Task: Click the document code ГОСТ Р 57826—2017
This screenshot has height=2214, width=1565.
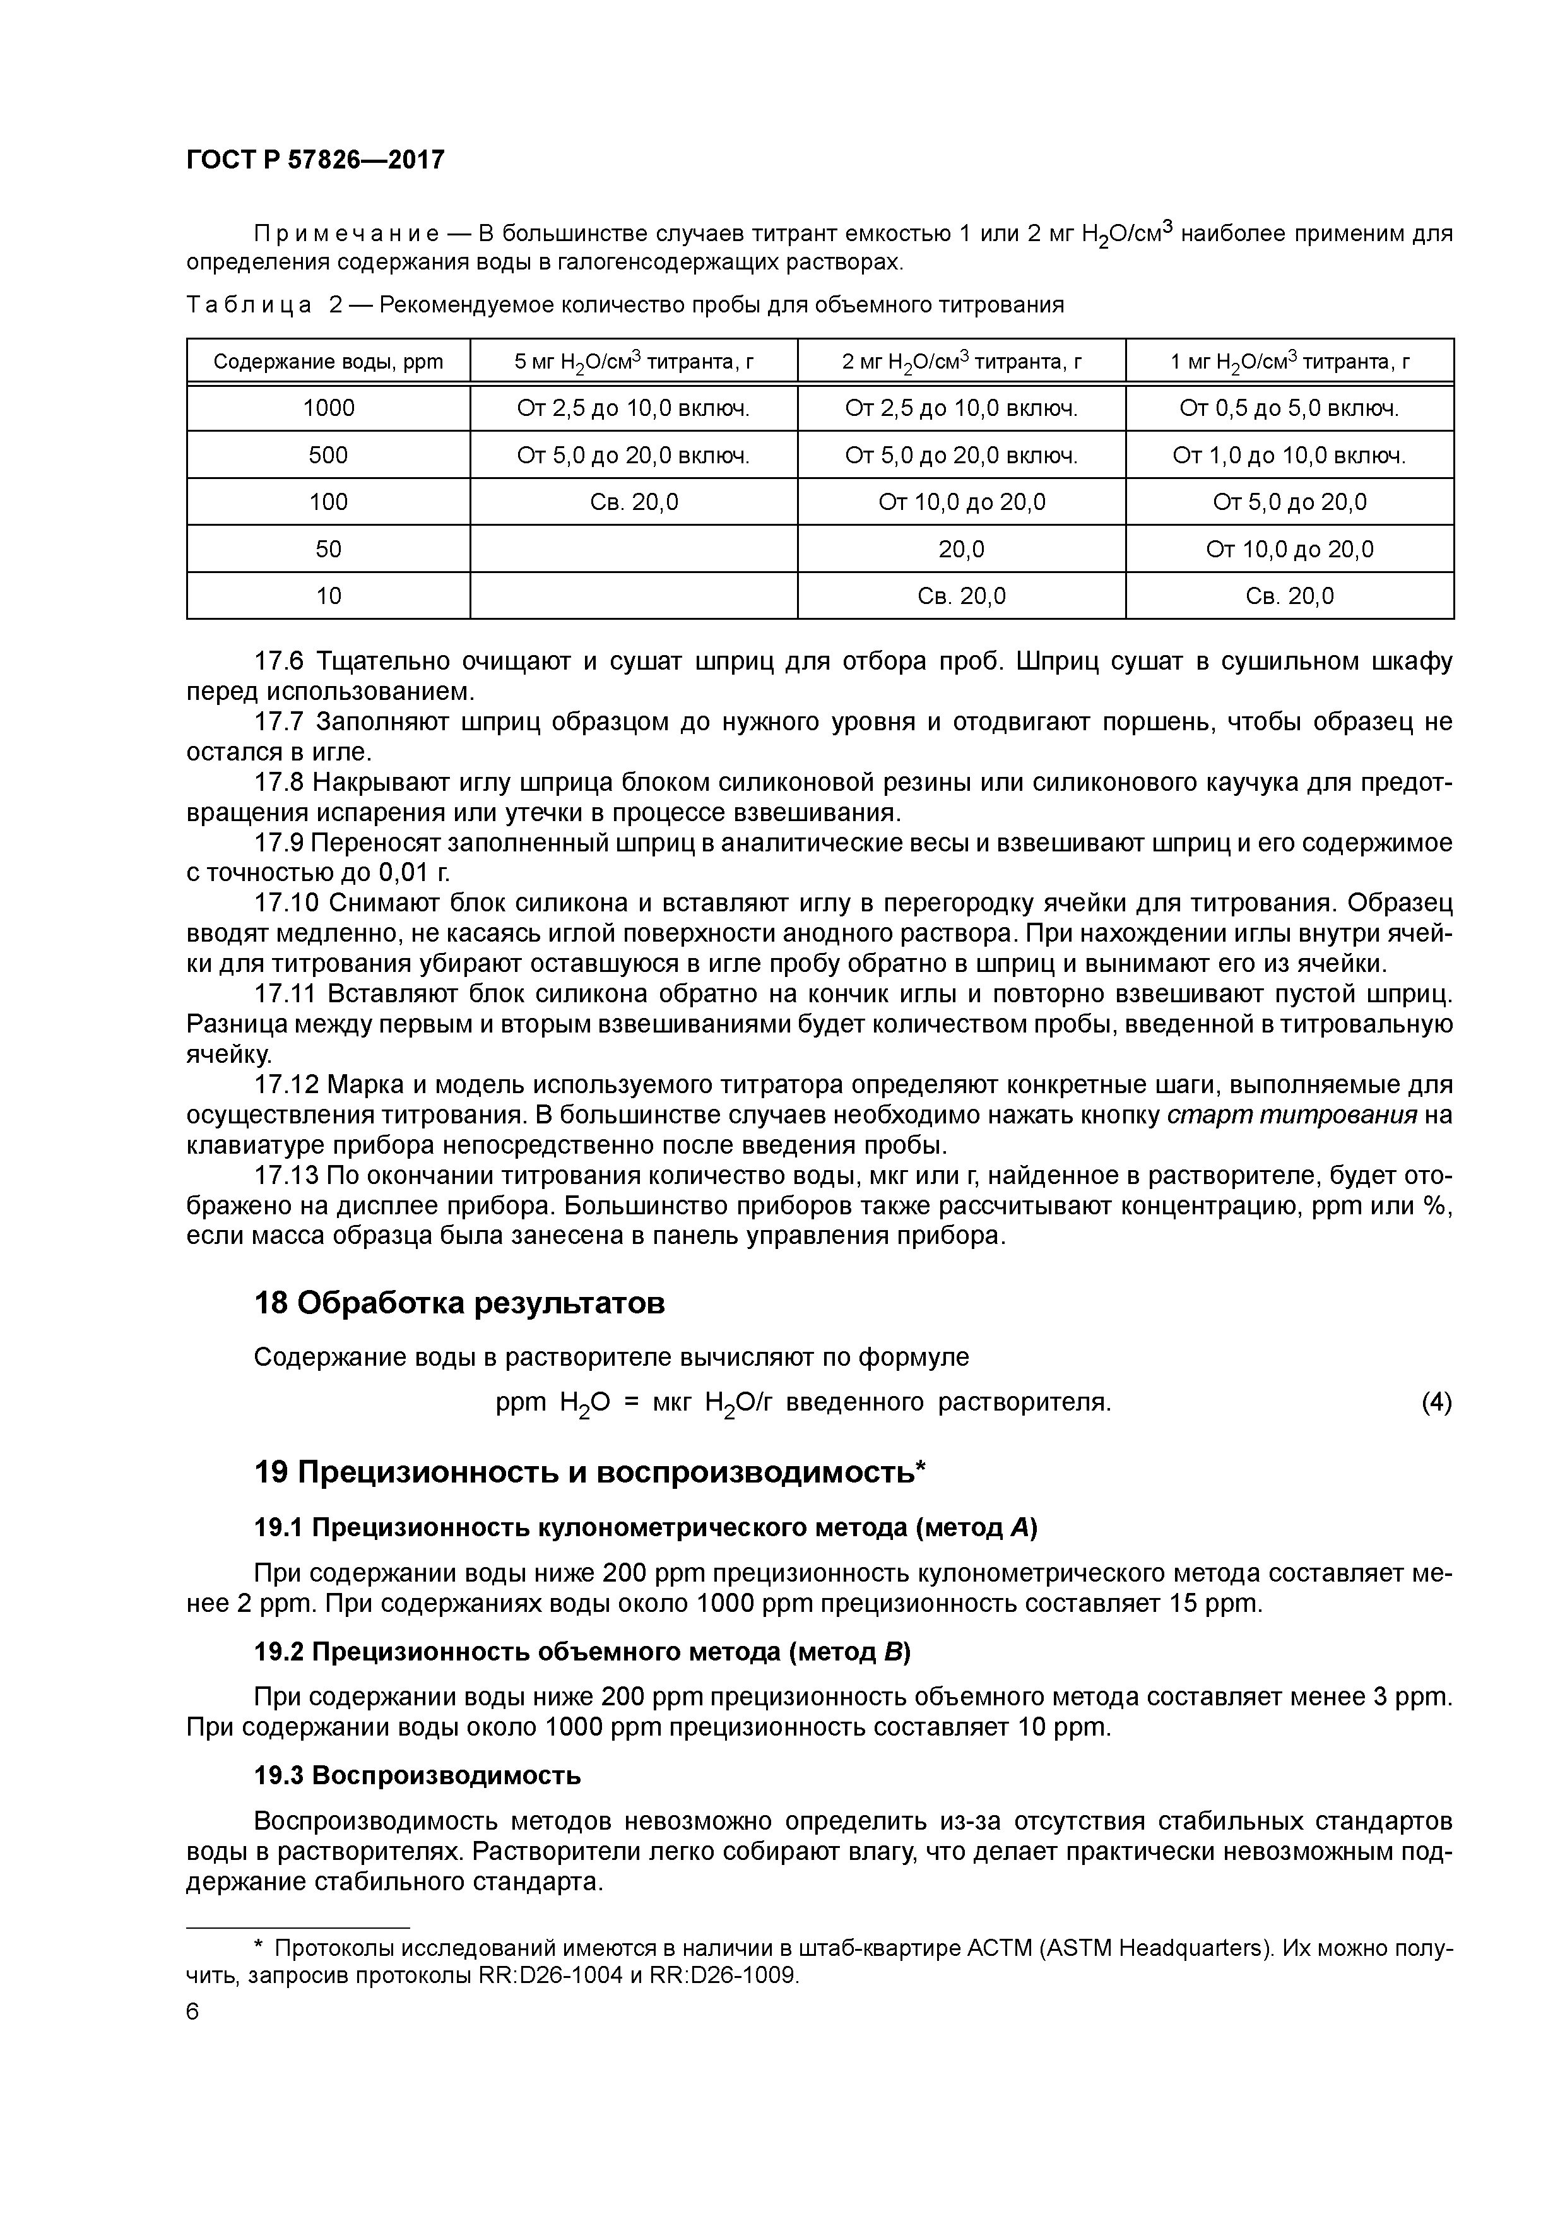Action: click(316, 160)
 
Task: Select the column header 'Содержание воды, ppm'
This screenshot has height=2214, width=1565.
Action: click(328, 362)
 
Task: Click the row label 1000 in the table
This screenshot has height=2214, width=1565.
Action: click(328, 408)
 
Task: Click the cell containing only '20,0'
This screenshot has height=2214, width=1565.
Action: click(960, 548)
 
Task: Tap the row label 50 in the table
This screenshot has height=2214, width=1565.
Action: click(328, 548)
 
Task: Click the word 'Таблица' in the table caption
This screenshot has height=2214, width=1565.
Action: click(249, 305)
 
